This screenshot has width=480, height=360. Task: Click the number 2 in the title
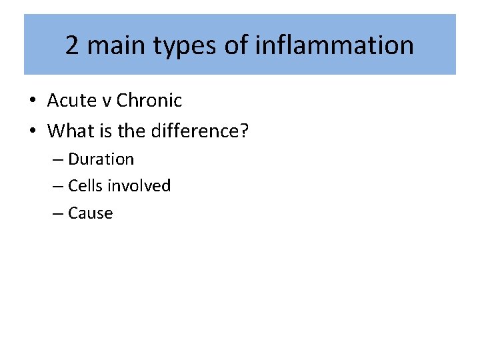[72, 46]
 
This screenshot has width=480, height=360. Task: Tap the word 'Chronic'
[149, 101]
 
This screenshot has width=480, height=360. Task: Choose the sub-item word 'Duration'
[101, 159]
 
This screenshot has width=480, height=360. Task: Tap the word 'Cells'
[86, 186]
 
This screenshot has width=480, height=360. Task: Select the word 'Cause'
[91, 213]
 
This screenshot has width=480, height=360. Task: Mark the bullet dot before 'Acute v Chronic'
[32, 101]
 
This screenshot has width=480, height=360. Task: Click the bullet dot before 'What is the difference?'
[32, 131]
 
